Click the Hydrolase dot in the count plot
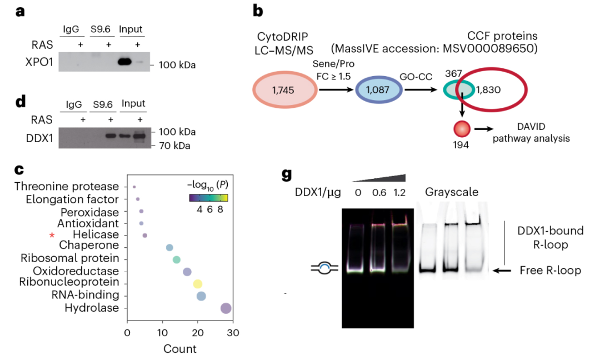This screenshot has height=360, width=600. [226, 308]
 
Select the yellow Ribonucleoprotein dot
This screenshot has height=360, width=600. [197, 284]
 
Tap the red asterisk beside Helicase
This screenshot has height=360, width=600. [52, 236]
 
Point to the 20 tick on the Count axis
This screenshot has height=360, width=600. [198, 332]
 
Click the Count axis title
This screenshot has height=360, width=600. [180, 349]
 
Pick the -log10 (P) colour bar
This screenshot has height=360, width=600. [208, 198]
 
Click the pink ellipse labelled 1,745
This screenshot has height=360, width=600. [284, 89]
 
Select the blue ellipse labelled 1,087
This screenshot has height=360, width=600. [378, 90]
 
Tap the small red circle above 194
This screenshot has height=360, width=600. [462, 129]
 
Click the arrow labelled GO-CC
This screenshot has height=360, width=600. [421, 90]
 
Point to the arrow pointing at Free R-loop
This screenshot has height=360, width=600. [502, 271]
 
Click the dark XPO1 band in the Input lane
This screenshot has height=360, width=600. [125, 61]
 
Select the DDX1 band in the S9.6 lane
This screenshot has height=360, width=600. [110, 136]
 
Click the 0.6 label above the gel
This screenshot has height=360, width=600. [379, 192]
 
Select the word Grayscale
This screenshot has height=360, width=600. [452, 192]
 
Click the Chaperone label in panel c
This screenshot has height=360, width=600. [89, 245]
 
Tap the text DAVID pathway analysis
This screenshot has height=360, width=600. [531, 132]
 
